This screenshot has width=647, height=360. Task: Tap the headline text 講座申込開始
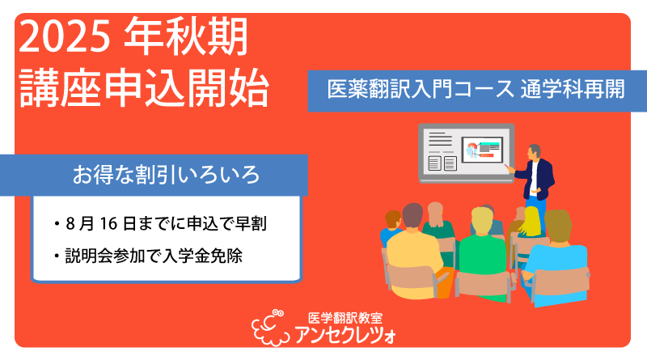(144, 87)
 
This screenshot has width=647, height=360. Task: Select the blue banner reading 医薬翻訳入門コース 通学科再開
(477, 91)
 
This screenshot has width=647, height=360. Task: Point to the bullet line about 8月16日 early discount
(160, 224)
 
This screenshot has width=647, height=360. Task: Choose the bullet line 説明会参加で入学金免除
(148, 256)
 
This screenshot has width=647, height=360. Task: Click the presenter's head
(535, 151)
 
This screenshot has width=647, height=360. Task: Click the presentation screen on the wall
(467, 153)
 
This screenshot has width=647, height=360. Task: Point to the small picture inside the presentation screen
(482, 149)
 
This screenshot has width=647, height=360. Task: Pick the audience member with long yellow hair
(530, 222)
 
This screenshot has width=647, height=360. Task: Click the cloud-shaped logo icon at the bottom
(269, 328)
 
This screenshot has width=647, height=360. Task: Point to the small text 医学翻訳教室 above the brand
(345, 317)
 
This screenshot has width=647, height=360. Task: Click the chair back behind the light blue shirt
(560, 282)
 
